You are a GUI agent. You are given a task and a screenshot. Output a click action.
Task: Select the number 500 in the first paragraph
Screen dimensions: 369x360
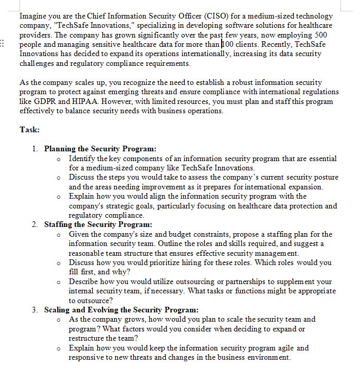pos(320,34)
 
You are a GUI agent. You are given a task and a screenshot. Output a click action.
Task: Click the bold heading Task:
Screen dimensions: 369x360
pos(29,130)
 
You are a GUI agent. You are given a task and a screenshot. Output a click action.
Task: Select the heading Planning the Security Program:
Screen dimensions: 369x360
pos(100,149)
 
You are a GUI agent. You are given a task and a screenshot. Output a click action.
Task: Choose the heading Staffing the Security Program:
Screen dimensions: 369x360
pos(98,224)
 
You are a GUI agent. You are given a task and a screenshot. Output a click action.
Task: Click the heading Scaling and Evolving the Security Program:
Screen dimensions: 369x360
pos(121,310)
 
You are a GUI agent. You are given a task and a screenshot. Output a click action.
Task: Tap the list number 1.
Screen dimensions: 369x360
pos(34,149)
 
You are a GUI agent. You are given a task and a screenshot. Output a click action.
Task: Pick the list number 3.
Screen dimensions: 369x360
pos(34,310)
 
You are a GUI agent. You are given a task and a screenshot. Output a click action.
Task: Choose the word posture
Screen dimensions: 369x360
pos(325,177)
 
